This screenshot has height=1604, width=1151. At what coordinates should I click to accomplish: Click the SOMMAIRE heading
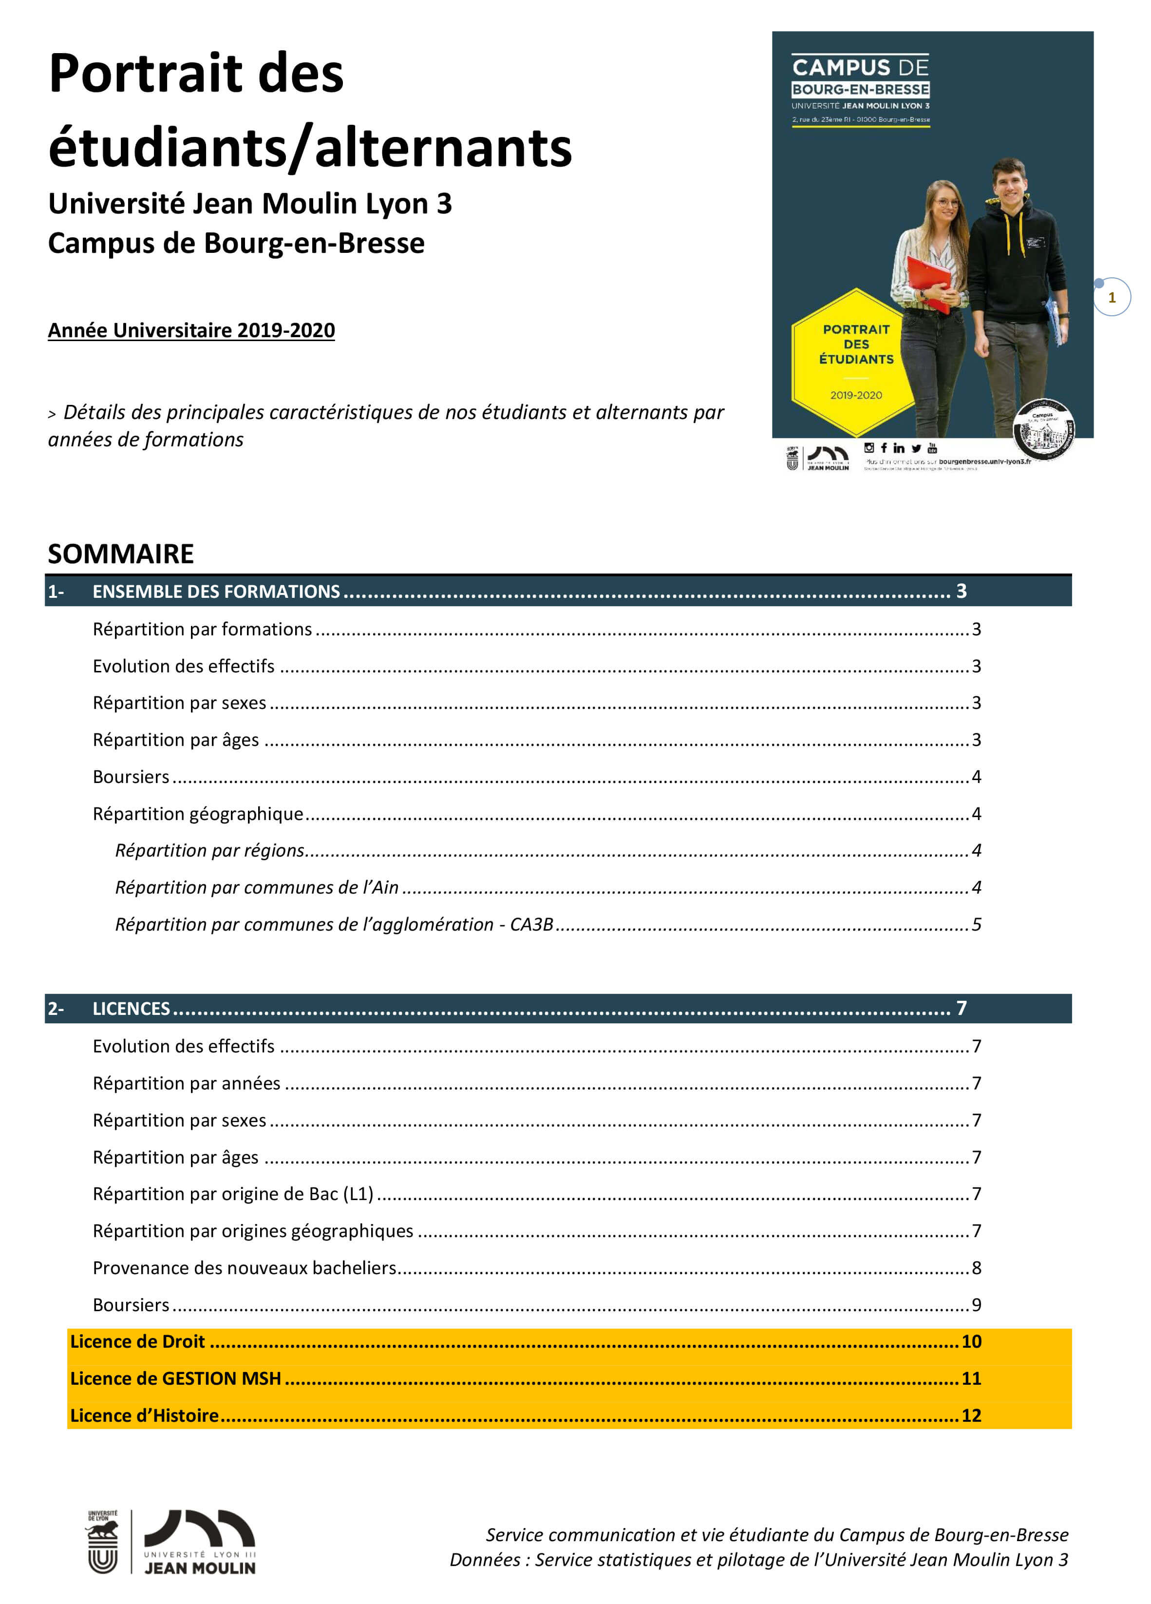coord(120,554)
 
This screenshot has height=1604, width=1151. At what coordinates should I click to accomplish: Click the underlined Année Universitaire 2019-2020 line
coord(191,330)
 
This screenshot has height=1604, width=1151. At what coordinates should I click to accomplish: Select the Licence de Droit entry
coord(137,1341)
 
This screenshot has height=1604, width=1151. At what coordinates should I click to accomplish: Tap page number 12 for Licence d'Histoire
coord(971,1415)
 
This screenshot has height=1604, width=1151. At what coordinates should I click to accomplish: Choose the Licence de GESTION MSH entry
coord(175,1378)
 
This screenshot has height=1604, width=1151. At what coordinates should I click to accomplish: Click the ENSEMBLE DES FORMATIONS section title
coord(216,591)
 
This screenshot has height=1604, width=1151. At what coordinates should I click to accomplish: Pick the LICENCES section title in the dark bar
coord(131,1009)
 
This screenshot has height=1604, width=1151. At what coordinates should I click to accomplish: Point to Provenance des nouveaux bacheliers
coord(244,1267)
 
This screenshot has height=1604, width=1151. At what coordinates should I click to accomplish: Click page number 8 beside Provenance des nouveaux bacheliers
coord(976,1267)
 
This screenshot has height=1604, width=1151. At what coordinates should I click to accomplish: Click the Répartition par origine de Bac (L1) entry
coord(233,1194)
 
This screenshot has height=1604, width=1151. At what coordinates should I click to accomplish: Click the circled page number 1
coord(1112,297)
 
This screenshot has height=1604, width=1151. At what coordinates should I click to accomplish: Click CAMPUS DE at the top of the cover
coord(860,68)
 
